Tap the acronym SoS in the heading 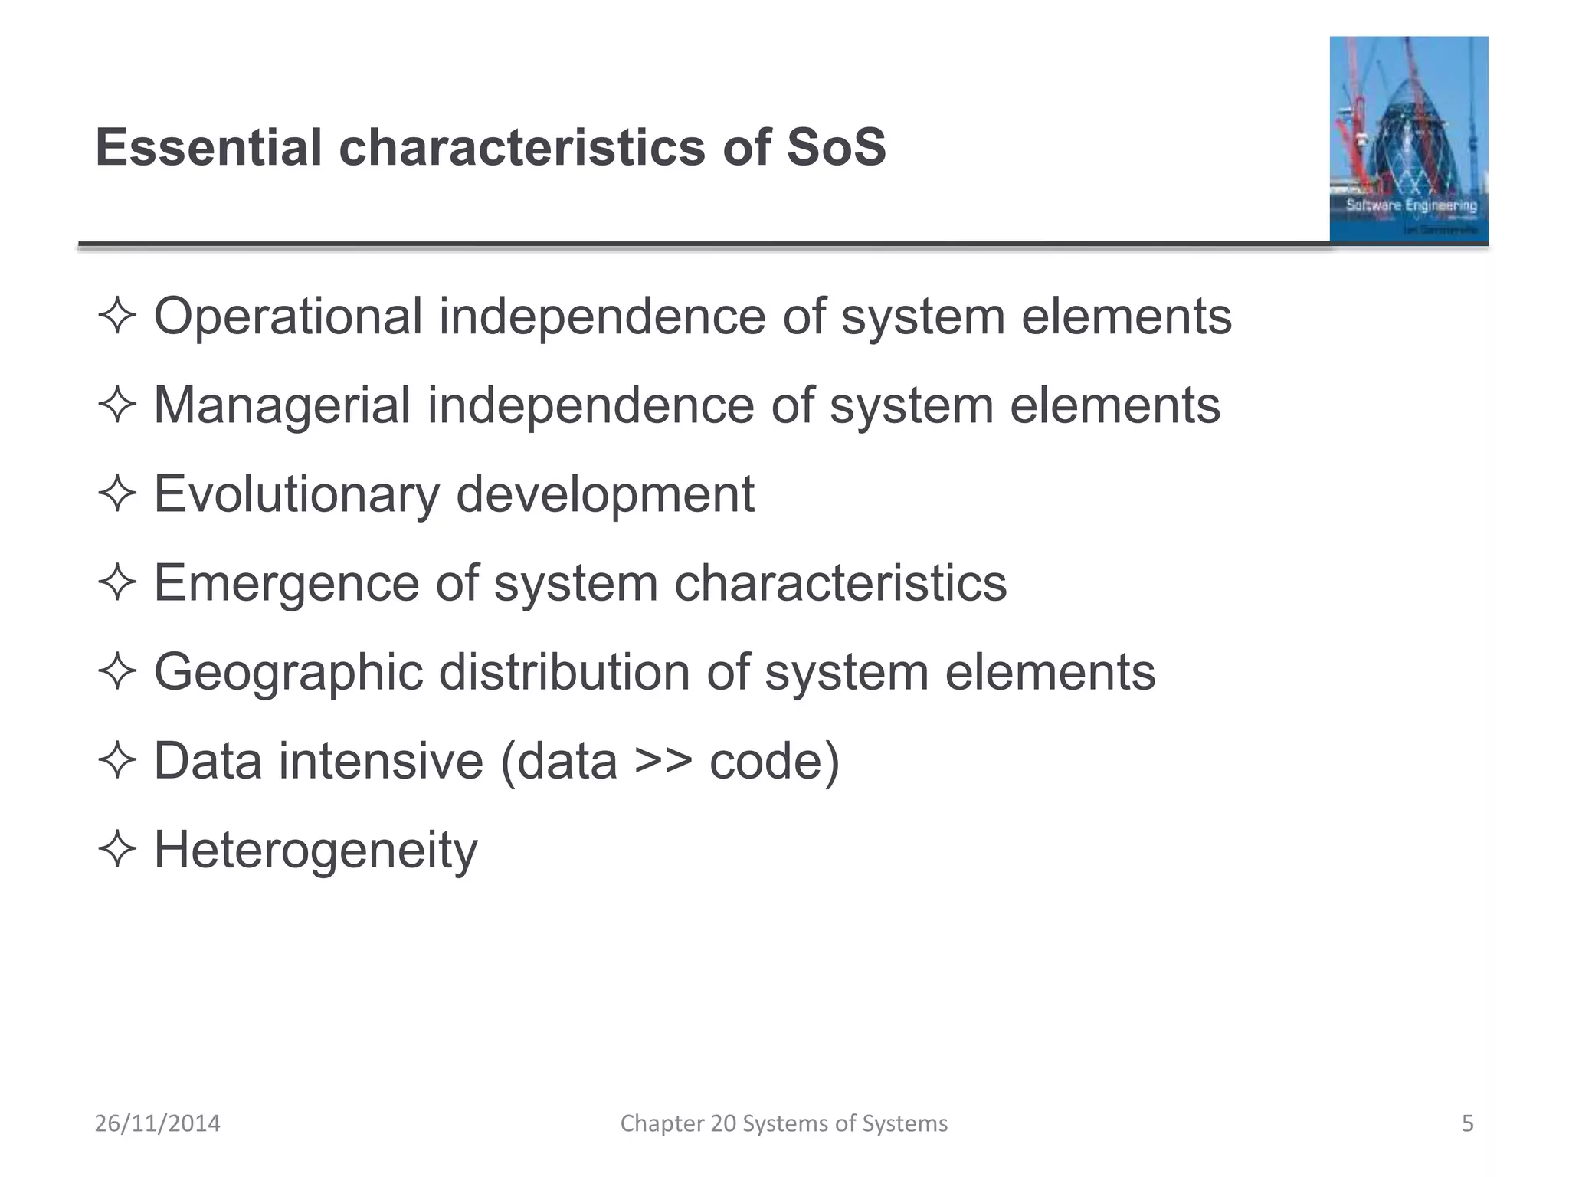[836, 147]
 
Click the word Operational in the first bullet [288, 316]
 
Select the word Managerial [282, 405]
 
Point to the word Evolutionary [296, 494]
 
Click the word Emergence [287, 583]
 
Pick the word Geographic [288, 673]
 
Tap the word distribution [564, 672]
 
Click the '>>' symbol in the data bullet [663, 762]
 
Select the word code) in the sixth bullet [775, 762]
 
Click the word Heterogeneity [316, 851]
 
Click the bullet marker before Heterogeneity [117, 851]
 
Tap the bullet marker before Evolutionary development [117, 494]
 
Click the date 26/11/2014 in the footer [157, 1123]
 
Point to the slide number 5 [1467, 1123]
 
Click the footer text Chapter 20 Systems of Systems [784, 1123]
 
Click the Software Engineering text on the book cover [1411, 205]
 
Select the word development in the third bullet [605, 494]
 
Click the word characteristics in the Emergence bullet [840, 583]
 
